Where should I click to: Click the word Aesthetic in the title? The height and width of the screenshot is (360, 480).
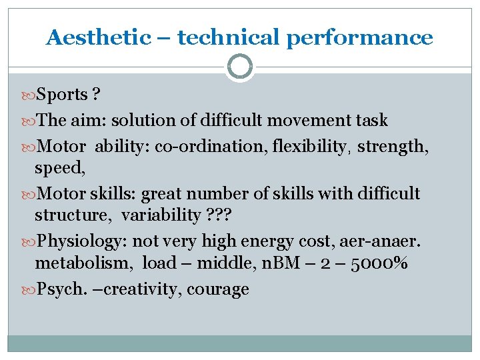point(99,38)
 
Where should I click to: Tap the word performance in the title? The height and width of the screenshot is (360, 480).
point(360,38)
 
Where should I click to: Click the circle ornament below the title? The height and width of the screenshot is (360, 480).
point(240,67)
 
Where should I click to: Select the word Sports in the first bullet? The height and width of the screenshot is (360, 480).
point(62,95)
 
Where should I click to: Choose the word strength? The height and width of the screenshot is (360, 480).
point(392,146)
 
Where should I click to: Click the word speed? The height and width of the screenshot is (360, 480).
point(59,169)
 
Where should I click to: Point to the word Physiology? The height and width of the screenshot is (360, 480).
point(78,241)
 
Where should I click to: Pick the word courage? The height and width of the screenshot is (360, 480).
point(218,289)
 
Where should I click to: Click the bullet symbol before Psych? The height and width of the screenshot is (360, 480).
point(29,289)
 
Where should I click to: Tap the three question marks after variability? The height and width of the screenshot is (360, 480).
point(219,215)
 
